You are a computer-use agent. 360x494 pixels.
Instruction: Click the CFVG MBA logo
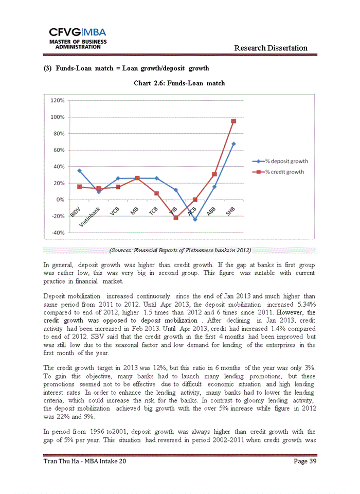click(x=78, y=37)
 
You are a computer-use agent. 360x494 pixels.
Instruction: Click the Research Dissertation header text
click(x=271, y=48)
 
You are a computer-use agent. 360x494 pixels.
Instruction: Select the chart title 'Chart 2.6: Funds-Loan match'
click(x=179, y=83)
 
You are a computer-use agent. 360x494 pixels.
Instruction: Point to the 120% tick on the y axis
click(x=57, y=100)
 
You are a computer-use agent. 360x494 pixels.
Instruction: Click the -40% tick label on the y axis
click(x=57, y=233)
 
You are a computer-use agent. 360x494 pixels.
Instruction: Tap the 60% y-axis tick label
click(x=58, y=150)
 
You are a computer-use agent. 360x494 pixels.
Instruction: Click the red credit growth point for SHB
click(x=233, y=121)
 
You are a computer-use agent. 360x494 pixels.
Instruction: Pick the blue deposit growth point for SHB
click(x=233, y=144)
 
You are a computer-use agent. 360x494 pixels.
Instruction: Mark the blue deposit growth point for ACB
click(x=195, y=219)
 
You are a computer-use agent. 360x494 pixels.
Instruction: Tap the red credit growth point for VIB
click(x=176, y=218)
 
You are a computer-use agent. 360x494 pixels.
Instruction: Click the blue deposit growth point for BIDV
click(x=79, y=170)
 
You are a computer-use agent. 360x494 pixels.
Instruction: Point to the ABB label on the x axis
click(x=211, y=212)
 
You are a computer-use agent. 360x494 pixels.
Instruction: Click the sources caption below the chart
click(x=179, y=250)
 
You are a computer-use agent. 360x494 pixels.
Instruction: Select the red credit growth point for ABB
click(x=214, y=174)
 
